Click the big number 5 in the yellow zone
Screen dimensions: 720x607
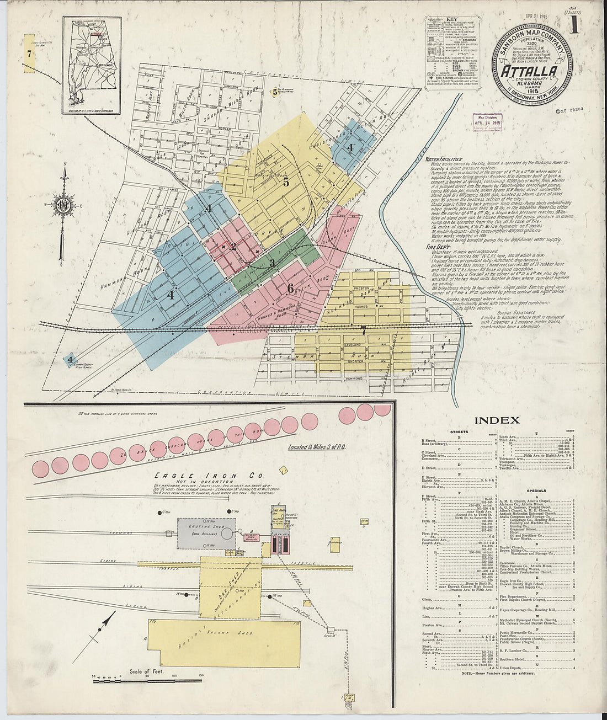(286, 181)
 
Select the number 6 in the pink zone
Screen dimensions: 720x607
(290, 288)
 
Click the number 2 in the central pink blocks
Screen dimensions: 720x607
(233, 246)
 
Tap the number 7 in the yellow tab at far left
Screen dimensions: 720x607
(29, 53)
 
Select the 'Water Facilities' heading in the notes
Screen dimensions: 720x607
(444, 159)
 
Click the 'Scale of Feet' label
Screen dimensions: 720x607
(145, 671)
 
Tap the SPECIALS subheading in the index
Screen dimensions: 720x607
(536, 490)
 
